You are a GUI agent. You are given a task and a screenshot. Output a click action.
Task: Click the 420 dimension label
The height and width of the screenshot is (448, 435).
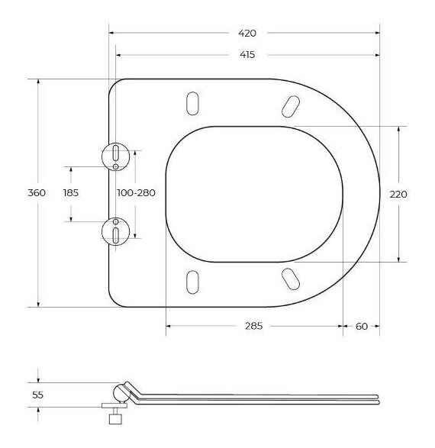pos(247,33)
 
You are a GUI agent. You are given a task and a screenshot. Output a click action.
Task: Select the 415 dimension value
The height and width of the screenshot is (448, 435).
pos(247,55)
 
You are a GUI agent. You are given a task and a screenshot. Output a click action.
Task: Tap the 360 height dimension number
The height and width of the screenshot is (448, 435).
pos(37,193)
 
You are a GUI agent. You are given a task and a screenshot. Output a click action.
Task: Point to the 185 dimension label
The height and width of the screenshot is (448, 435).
pos(71,193)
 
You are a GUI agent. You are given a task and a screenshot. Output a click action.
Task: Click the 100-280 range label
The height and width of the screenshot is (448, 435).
pos(137,193)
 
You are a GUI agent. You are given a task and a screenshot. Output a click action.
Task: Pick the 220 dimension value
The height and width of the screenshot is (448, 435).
pos(398,195)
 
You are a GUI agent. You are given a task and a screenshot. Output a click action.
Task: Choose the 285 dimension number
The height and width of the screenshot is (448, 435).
pos(253,326)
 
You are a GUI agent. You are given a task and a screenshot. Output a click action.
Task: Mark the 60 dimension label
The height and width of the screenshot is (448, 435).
pos(362,327)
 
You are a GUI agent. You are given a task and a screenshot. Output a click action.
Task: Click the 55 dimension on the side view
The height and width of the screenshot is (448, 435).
pos(37,395)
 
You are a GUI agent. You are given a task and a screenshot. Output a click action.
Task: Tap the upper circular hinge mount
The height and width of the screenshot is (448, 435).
pos(116,156)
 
